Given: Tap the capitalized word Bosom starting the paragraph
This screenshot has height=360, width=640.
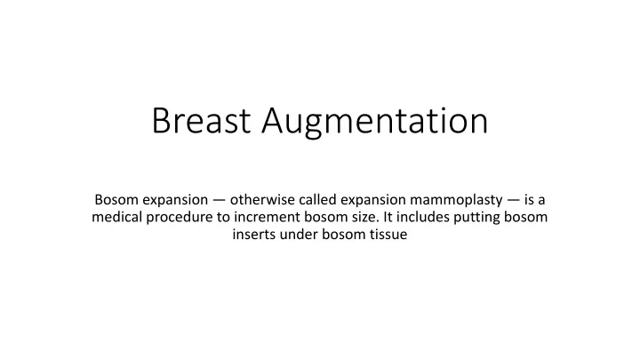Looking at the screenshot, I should click(x=116, y=199).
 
